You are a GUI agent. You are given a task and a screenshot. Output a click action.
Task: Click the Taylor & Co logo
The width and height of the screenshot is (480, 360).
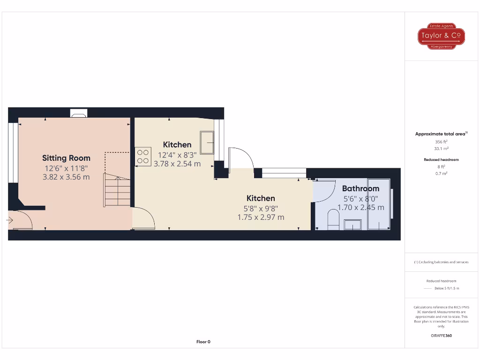(441, 36)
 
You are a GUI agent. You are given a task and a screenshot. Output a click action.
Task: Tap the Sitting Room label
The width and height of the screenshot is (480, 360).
(66, 158)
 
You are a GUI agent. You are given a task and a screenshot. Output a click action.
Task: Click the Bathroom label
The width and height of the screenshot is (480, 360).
(360, 188)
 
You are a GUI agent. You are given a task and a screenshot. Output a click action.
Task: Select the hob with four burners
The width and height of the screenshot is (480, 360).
(143, 157)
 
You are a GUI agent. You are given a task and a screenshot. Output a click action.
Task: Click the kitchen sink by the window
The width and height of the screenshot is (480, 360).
(207, 142)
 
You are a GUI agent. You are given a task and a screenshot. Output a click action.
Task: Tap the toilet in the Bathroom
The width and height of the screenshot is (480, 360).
(333, 219)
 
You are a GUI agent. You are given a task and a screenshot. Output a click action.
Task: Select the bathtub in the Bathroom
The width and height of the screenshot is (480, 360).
(379, 203)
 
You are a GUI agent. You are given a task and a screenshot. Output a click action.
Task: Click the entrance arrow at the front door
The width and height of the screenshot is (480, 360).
(10, 219)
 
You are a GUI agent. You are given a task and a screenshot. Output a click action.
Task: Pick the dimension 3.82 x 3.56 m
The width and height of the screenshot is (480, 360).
(66, 177)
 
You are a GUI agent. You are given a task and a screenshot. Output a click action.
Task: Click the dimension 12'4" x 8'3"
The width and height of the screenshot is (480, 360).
(177, 155)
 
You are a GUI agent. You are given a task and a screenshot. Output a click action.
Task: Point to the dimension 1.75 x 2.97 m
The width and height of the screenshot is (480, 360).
(261, 217)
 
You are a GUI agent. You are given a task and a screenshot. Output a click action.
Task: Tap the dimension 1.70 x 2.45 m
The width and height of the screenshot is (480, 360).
(361, 207)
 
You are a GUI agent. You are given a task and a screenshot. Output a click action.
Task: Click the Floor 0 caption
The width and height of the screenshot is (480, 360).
(203, 342)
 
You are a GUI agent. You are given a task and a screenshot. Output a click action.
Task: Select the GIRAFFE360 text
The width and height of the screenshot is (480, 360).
(441, 336)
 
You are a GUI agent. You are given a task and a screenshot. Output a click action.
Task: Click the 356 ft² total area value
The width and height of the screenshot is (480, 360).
(441, 142)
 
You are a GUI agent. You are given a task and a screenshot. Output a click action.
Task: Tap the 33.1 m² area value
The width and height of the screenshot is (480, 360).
(441, 148)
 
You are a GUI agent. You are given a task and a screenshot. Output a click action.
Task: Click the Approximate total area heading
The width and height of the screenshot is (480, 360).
(441, 134)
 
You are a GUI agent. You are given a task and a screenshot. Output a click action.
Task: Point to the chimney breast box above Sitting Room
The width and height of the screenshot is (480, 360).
(78, 112)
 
